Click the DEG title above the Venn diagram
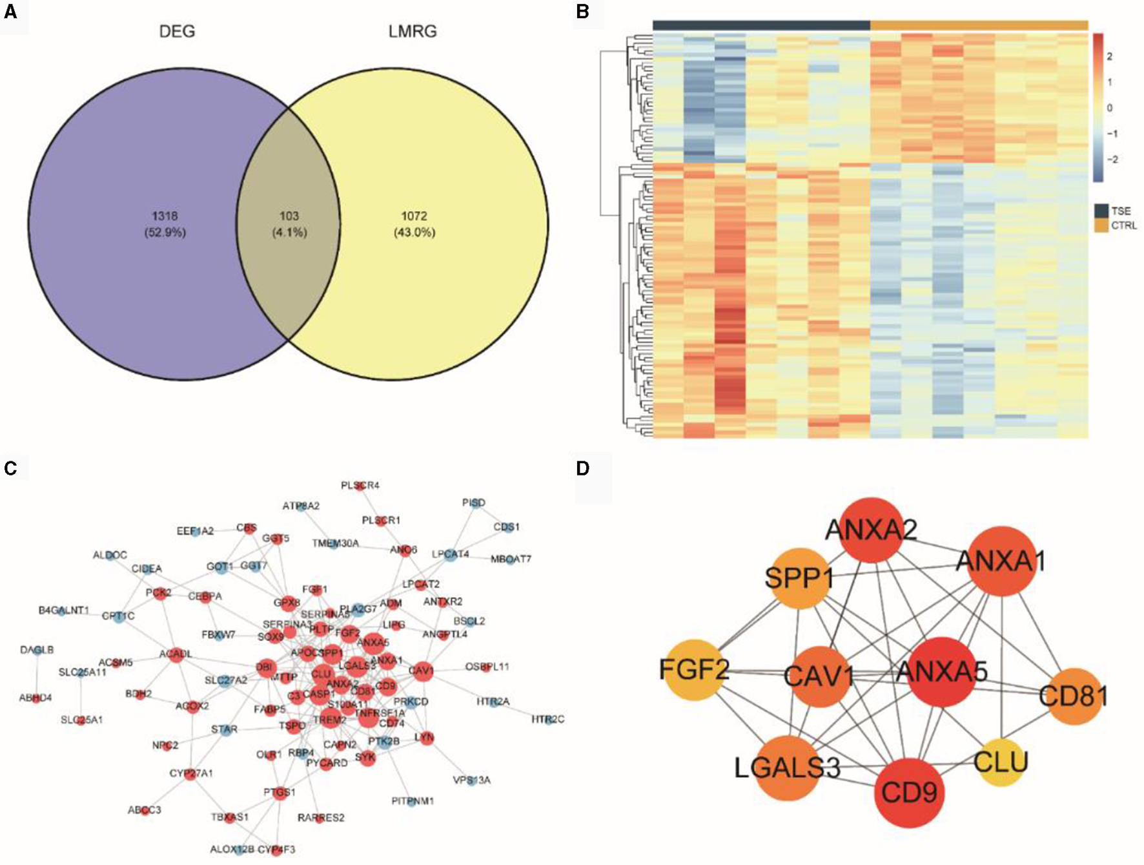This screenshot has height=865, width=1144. (177, 32)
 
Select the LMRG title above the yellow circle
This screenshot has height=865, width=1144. (413, 32)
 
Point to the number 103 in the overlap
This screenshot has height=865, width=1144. (289, 216)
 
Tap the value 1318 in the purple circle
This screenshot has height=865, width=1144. (165, 216)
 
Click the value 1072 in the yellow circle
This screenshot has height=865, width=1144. (414, 216)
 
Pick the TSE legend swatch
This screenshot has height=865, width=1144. (1101, 211)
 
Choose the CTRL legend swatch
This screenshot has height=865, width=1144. (1101, 225)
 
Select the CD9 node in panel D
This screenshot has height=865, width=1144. (909, 793)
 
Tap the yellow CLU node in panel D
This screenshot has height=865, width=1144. (1001, 762)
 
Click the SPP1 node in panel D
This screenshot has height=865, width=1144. (799, 578)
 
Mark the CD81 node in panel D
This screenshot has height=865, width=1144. (1073, 696)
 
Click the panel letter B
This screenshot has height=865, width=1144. (583, 12)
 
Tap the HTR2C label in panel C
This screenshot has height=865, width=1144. (547, 719)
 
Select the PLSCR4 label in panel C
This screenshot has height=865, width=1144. (360, 485)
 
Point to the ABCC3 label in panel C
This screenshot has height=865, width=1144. (144, 810)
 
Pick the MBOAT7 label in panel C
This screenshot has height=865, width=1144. (511, 559)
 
